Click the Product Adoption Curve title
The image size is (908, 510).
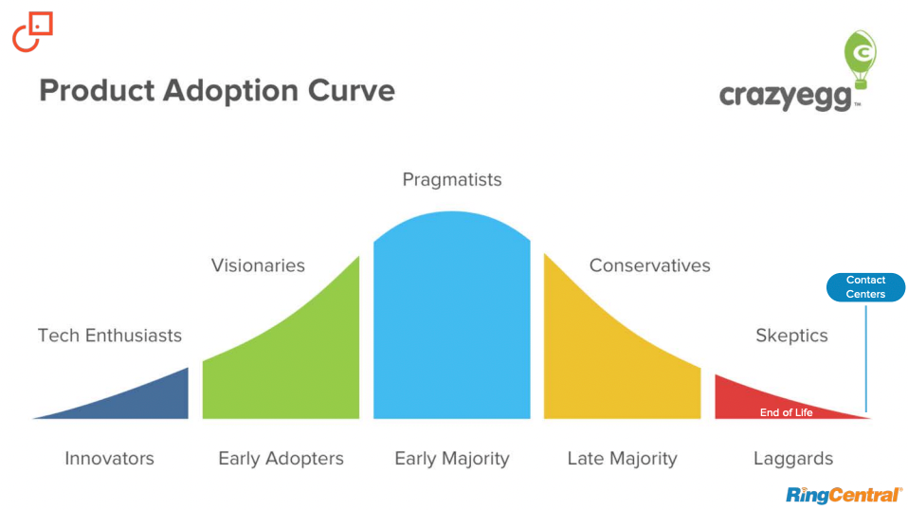pos(217,91)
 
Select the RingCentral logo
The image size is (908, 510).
pos(844,494)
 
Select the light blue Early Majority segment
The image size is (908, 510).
pos(451,322)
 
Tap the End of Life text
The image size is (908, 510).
pos(786,412)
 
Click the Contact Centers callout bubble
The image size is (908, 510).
pos(865,287)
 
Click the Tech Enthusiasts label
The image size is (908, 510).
pos(110,336)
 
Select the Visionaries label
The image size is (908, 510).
pos(258,265)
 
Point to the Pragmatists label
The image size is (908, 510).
pos(452,179)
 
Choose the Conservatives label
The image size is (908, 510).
pos(649,265)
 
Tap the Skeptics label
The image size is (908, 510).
pos(791,336)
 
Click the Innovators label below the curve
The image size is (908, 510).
pos(109,459)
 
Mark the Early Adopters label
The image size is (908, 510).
pos(281,459)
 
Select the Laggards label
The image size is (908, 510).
pos(793,459)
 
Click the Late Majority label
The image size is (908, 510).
pos(622,459)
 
